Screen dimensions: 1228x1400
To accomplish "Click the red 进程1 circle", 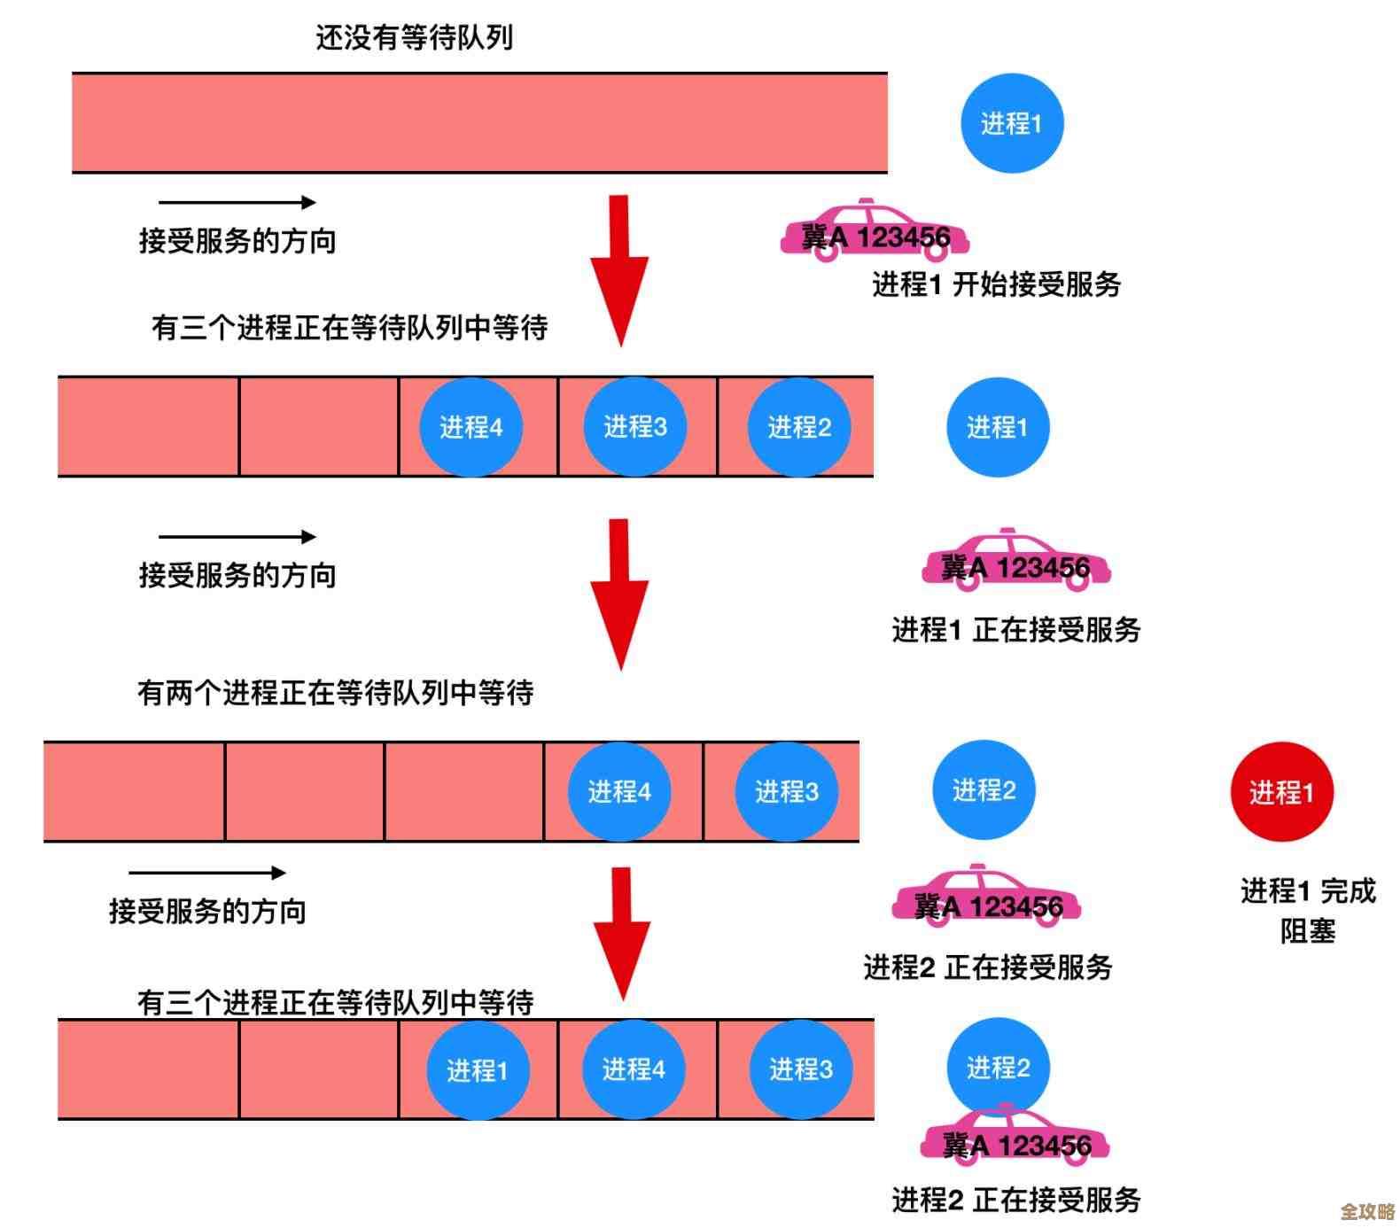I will pos(1281,791).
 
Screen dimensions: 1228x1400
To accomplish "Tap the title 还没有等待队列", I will pos(414,37).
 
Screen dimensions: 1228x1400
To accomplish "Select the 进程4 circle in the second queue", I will pos(471,427).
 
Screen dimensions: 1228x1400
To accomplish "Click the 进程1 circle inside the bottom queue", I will pos(478,1069).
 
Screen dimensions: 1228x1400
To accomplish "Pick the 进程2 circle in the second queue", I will pos(799,427).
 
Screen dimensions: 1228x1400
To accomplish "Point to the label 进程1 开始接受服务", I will pos(996,284).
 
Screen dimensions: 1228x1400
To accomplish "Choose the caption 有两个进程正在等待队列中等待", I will pos(335,692).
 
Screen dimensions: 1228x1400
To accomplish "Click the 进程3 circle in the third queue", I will pos(786,791).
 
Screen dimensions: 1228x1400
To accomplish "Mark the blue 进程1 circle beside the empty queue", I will pos(1011,123).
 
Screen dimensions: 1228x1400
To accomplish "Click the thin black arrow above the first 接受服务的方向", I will pos(237,202).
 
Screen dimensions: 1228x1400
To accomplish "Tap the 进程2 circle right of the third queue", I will pos(984,789).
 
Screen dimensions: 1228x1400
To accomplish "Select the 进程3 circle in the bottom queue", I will pos(800,1069).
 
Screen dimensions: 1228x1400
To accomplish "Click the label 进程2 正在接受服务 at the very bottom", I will pos(1015,1200).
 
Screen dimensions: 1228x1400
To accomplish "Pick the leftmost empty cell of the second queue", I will pos(148,427).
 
